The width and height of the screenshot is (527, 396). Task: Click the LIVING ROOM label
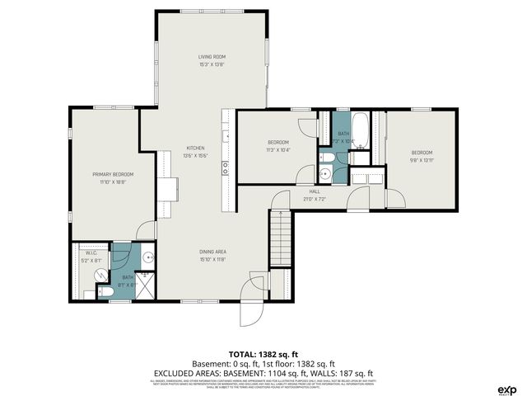click(212, 56)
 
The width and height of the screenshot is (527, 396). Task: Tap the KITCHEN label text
click(195, 148)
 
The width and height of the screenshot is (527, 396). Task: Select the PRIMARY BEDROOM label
click(113, 174)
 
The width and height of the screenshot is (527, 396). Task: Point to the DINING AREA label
click(212, 252)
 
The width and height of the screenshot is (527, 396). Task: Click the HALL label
click(303, 191)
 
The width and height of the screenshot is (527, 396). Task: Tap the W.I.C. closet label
click(91, 254)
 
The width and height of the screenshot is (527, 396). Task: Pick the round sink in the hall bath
click(325, 173)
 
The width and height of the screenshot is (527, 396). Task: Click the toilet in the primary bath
click(106, 290)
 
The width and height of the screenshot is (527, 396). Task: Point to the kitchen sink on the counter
click(224, 167)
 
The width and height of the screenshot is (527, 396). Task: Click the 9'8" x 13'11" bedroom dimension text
click(422, 160)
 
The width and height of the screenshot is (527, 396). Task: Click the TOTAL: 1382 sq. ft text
click(263, 352)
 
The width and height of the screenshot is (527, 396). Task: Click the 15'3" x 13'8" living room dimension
click(212, 64)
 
